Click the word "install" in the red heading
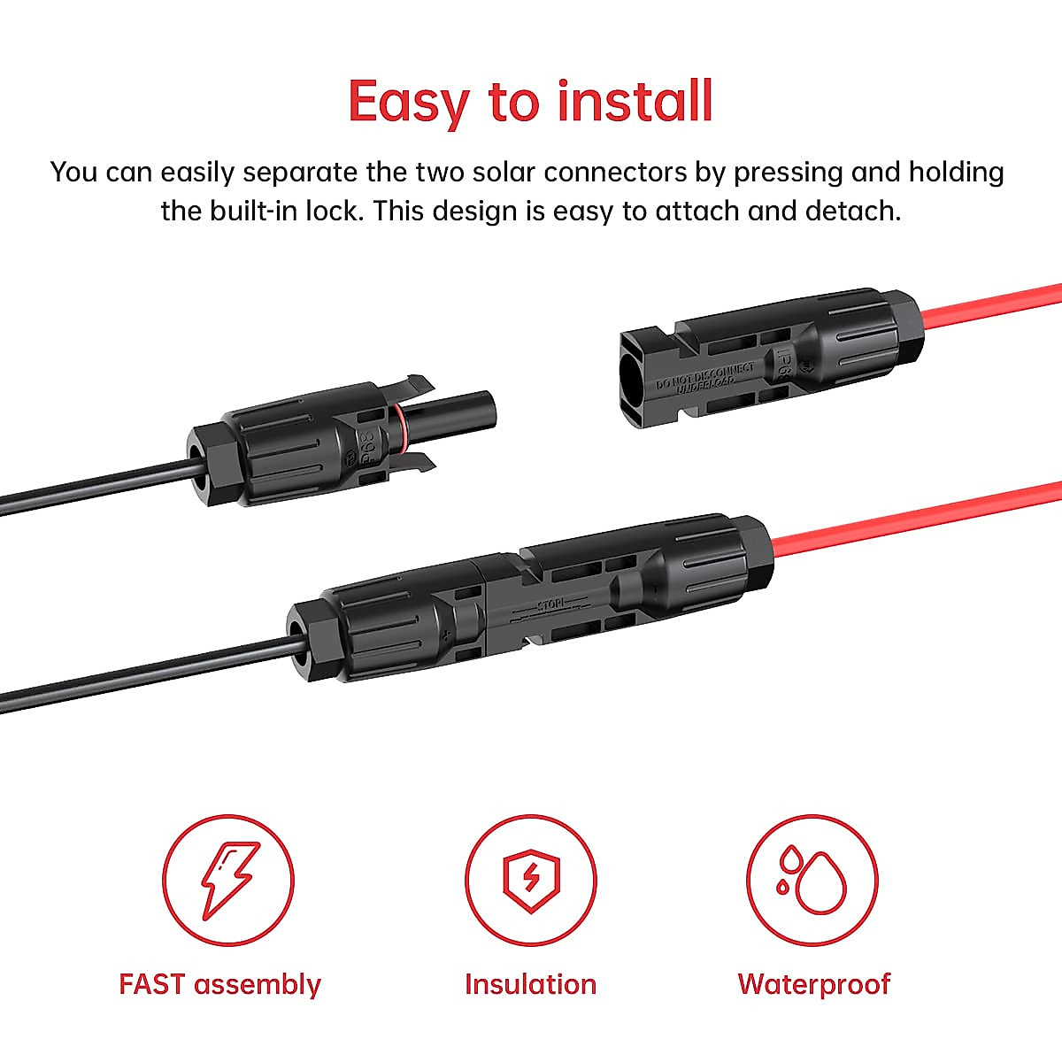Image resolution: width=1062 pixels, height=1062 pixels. coord(635,101)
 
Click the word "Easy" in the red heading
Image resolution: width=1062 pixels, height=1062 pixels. coord(408,103)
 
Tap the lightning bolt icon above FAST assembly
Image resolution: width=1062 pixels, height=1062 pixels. coord(228,880)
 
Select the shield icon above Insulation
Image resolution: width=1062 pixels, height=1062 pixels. coord(531,880)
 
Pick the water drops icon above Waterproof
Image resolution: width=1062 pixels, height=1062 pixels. coord(812,880)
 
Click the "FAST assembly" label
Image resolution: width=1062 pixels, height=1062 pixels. coord(219,984)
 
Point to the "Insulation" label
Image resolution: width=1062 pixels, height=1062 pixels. coord(530,984)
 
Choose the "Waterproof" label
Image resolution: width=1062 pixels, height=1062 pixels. coord(813,984)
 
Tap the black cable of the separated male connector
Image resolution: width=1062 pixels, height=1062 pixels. coord(88,489)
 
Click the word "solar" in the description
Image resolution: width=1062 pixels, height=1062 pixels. coord(496,172)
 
